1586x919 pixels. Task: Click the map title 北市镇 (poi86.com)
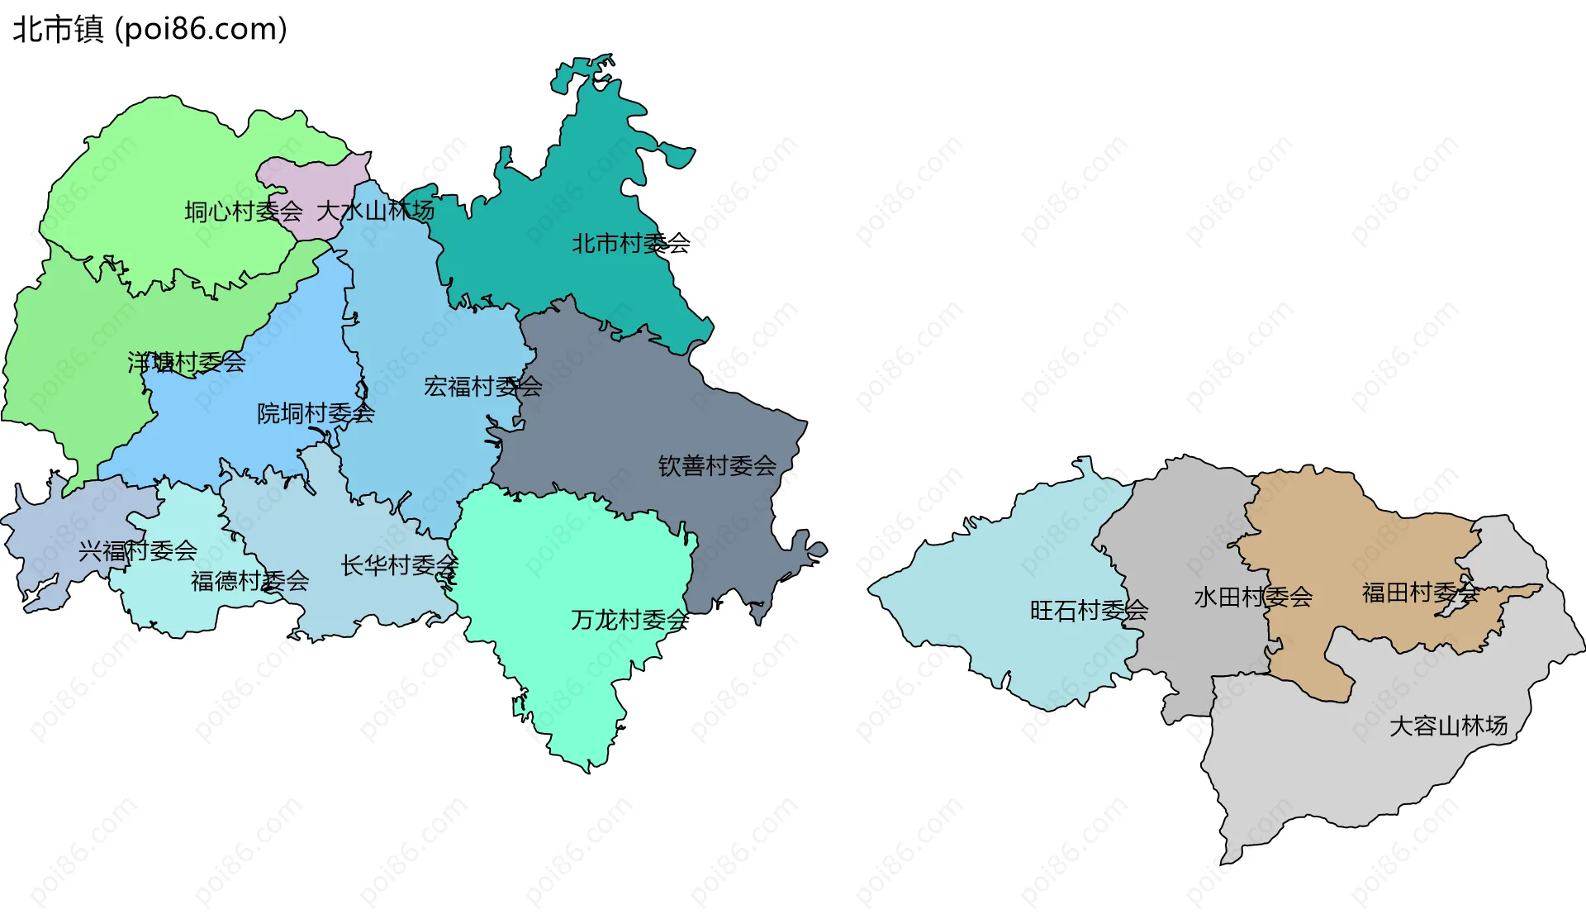click(150, 30)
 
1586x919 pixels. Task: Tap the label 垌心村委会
click(244, 212)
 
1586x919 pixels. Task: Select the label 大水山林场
click(376, 211)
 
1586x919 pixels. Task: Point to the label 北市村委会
click(631, 244)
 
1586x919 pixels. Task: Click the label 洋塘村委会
click(187, 362)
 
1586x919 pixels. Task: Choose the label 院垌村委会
click(316, 413)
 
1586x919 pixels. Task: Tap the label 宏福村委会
click(483, 387)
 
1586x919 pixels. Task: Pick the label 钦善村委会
click(717, 466)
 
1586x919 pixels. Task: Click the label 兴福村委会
click(138, 550)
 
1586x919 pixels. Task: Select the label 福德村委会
click(250, 582)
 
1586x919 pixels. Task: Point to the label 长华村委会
click(400, 566)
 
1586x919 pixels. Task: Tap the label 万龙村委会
click(630, 620)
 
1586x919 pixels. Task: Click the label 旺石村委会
click(1089, 611)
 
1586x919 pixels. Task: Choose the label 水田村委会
click(1253, 597)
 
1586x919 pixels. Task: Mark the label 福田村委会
click(1420, 593)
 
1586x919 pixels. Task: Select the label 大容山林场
click(1449, 726)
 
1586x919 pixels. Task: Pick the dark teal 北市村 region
click(578, 182)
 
